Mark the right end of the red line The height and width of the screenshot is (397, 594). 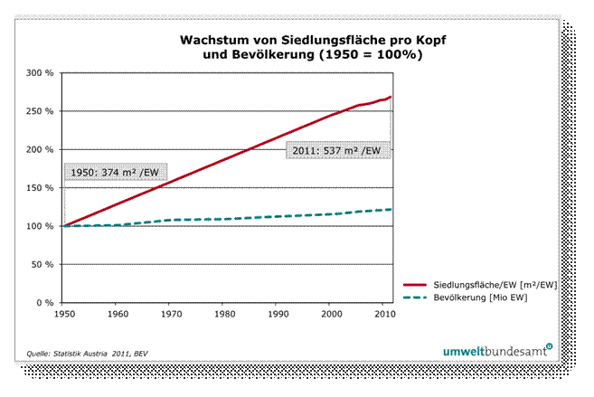(x=391, y=97)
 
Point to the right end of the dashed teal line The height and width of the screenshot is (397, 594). (x=391, y=209)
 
